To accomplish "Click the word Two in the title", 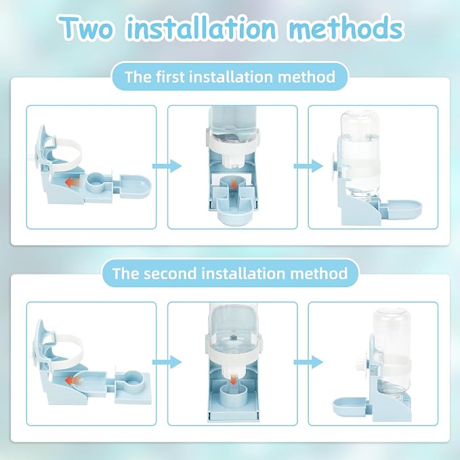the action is (86, 28).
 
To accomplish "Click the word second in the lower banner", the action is (170, 274).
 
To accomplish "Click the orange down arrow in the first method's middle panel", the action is (234, 185).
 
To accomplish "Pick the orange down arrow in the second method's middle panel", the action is (233, 379).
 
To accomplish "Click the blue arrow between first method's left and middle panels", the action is (167, 166).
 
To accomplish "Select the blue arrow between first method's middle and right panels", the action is (308, 166).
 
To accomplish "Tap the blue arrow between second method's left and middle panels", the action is (167, 362).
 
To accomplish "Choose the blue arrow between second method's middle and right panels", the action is (308, 362).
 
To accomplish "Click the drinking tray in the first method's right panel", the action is (404, 209).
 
